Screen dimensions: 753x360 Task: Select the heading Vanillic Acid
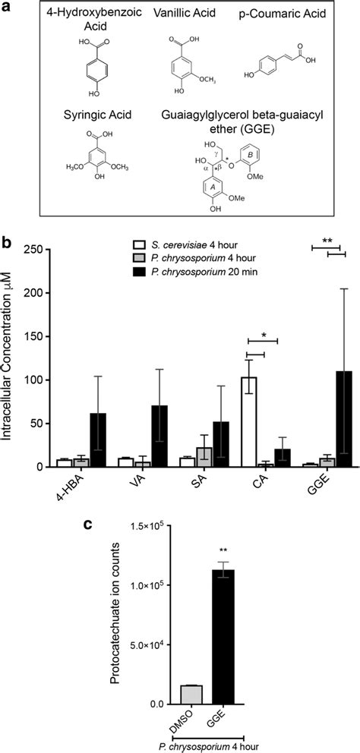182,14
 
